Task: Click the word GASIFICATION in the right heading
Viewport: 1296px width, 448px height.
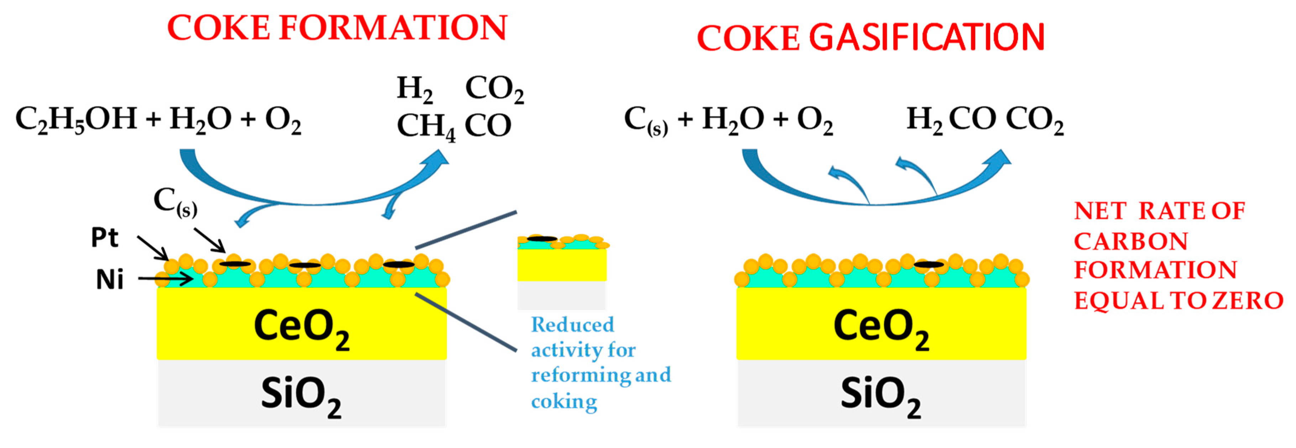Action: click(x=927, y=37)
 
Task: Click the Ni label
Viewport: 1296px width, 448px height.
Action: click(x=109, y=280)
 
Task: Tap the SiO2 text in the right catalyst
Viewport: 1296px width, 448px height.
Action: click(x=880, y=396)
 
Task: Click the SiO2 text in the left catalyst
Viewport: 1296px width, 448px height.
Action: click(x=301, y=396)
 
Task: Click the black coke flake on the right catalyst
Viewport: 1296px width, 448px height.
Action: click(x=928, y=264)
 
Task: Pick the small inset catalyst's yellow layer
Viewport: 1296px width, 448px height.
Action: click(x=562, y=265)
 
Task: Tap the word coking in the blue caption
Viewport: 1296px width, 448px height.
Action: click(x=564, y=402)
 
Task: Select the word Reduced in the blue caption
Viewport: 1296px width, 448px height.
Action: click(x=573, y=325)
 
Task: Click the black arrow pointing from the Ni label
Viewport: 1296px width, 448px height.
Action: click(x=166, y=278)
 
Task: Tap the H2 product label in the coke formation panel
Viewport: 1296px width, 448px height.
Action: click(x=414, y=90)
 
